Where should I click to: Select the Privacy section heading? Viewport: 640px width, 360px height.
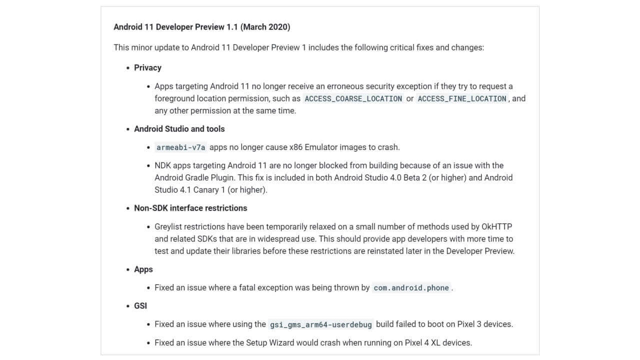(x=147, y=67)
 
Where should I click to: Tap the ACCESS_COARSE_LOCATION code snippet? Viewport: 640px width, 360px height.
(x=353, y=99)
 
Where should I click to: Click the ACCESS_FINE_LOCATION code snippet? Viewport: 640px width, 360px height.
(x=462, y=99)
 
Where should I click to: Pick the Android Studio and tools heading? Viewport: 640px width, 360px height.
(x=179, y=129)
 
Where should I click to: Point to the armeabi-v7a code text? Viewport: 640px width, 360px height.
(x=180, y=147)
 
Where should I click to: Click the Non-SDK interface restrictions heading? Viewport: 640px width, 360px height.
(x=190, y=208)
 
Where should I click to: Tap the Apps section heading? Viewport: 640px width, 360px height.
(x=143, y=269)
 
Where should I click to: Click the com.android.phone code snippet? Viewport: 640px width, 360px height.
(x=411, y=288)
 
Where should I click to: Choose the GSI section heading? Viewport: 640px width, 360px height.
(x=140, y=306)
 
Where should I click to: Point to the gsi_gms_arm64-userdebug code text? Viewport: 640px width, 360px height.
(x=320, y=324)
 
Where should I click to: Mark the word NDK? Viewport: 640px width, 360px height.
(x=162, y=165)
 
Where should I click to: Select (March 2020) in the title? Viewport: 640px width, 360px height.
(x=265, y=27)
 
